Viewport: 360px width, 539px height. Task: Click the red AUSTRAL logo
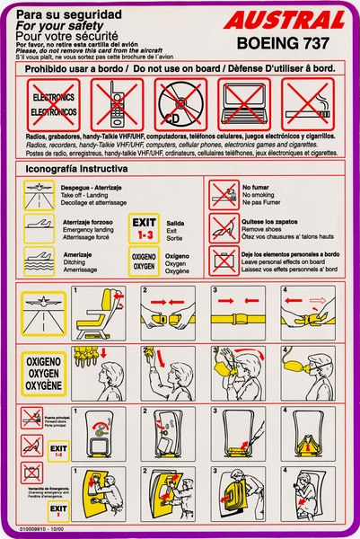coord(285,19)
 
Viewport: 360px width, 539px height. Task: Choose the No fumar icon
coord(223,191)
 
